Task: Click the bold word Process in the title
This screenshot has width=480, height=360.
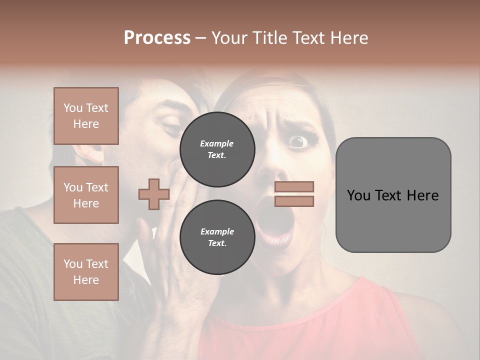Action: point(157,37)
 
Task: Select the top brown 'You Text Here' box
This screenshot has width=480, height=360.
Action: point(86,116)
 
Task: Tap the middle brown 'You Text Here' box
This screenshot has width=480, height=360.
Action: point(86,195)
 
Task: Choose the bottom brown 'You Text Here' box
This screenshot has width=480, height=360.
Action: point(86,271)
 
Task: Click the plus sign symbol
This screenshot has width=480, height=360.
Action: point(153,194)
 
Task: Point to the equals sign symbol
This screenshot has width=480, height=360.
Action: point(294,194)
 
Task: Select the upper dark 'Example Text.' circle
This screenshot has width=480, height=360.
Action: point(217,149)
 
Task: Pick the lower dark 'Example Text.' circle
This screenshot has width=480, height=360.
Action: point(217,237)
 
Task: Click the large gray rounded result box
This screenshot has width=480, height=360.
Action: point(393,195)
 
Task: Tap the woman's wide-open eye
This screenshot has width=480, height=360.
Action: point(298,141)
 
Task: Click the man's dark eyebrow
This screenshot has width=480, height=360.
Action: point(177,107)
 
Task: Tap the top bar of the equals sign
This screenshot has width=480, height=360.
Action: point(294,187)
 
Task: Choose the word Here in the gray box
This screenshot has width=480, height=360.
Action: point(422,195)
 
